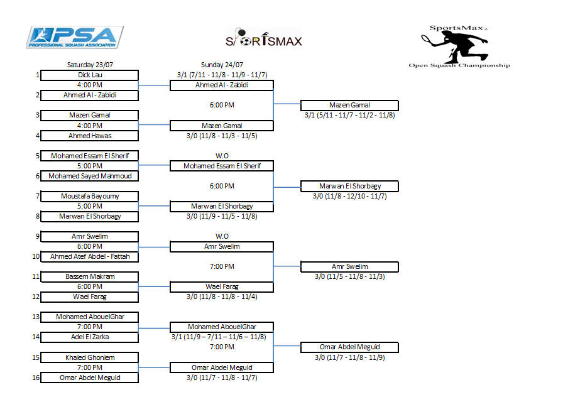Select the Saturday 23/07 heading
(90, 65)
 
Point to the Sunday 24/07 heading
(222, 65)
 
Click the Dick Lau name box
(90, 75)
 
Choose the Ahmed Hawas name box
(90, 136)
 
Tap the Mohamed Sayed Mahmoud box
(90, 176)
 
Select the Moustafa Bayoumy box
(90, 196)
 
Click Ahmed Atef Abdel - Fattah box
(90, 256)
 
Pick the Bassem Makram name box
(90, 276)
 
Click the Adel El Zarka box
(90, 337)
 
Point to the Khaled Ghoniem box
(90, 357)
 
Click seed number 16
(37, 378)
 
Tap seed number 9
(37, 236)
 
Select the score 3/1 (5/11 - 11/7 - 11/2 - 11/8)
(349, 116)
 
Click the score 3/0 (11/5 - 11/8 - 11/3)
(349, 276)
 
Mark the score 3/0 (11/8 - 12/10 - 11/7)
(349, 196)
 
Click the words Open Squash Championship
(459, 65)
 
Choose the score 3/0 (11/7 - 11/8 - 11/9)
(349, 357)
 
